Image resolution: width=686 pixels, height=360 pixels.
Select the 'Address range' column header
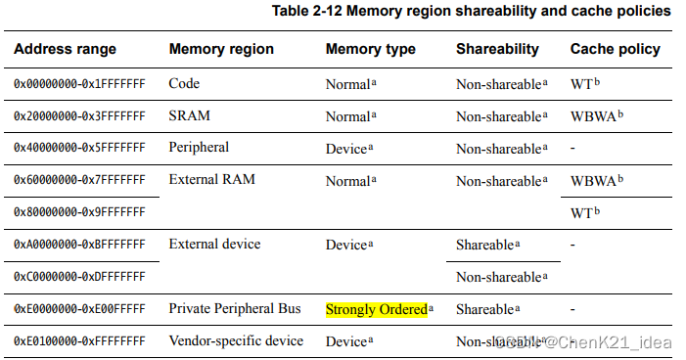[x=65, y=49]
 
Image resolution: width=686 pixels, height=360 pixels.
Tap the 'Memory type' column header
[x=370, y=49]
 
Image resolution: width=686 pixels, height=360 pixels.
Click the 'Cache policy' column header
[x=615, y=49]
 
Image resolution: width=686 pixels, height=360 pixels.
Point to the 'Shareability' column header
[x=497, y=49]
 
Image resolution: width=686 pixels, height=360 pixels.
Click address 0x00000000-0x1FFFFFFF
[x=79, y=84]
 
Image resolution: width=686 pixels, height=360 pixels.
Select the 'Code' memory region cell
[x=185, y=84]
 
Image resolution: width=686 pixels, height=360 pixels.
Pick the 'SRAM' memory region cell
[x=190, y=115]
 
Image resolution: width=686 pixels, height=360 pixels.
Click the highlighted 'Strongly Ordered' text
[x=377, y=309]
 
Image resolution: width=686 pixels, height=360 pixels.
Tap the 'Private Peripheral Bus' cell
[x=235, y=309]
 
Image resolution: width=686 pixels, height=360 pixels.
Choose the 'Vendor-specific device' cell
[x=236, y=341]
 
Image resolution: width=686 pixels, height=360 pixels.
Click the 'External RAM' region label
[x=211, y=180]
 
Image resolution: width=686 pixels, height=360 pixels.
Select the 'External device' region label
[x=214, y=244]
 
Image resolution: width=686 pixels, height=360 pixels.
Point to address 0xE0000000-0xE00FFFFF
[x=79, y=309]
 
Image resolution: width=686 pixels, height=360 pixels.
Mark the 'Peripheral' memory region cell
[x=199, y=148]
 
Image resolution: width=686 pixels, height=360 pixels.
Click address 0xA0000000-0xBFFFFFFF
[x=79, y=245]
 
